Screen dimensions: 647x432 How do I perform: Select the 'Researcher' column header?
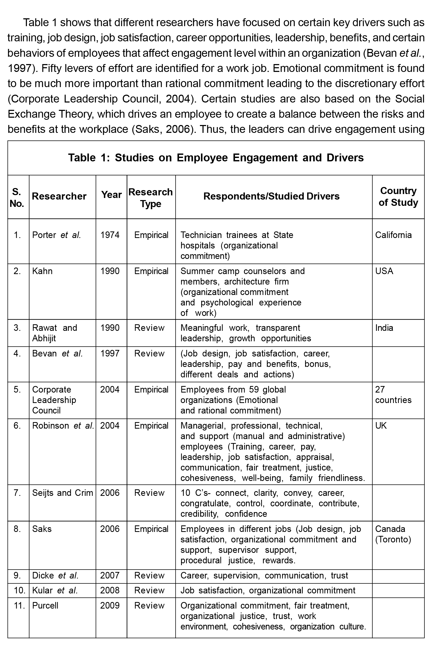pos(59,196)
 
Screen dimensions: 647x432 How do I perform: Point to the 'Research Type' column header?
pos(151,198)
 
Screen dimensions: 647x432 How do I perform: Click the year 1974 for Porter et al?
pos(110,235)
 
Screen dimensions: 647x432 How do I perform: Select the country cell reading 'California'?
pos(393,235)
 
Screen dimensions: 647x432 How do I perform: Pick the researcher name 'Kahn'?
pos(42,271)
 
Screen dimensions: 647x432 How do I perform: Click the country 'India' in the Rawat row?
pos(384,328)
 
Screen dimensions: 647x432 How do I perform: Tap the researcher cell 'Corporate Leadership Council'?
pos(54,400)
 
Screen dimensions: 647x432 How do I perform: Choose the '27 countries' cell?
pos(393,395)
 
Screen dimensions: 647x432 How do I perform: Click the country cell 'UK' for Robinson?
pos(381,426)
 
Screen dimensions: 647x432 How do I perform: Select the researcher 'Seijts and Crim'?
pos(63,493)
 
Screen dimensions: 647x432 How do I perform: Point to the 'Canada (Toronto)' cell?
pos(393,534)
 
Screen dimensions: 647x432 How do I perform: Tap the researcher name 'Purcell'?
pos(45,606)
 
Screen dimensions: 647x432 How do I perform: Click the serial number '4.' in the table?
pos(17,354)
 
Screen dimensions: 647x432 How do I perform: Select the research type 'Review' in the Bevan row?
pos(149,354)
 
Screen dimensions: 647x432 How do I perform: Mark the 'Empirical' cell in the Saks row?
pos(151,529)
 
